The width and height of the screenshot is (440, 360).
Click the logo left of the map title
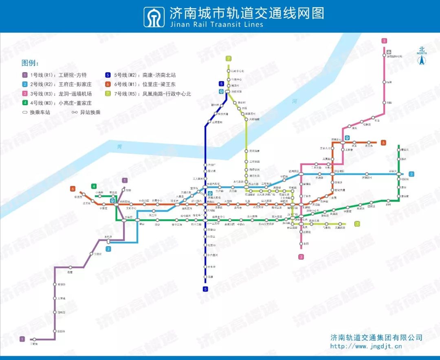pyautogui.click(x=154, y=17)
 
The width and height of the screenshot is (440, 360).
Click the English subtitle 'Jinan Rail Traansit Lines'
pyautogui.click(x=216, y=24)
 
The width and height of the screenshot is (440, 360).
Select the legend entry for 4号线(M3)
pyautogui.click(x=57, y=103)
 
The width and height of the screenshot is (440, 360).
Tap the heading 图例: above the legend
pyautogui.click(x=31, y=63)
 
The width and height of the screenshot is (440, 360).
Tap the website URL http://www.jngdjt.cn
pyautogui.click(x=366, y=347)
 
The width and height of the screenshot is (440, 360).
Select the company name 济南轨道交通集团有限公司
pyautogui.click(x=376, y=338)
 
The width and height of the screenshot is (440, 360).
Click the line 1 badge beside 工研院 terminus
pyautogui.click(x=22, y=339)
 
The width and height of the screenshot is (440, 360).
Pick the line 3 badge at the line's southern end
pyautogui.click(x=301, y=257)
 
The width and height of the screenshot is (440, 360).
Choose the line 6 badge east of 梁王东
pyautogui.click(x=383, y=143)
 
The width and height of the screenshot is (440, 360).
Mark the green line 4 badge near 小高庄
pyautogui.click(x=94, y=186)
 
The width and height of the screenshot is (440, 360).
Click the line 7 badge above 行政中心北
pyautogui.click(x=229, y=58)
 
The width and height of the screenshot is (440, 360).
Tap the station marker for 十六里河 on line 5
pyautogui.click(x=206, y=255)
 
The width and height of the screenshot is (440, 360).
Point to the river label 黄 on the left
pyautogui.click(x=119, y=146)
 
